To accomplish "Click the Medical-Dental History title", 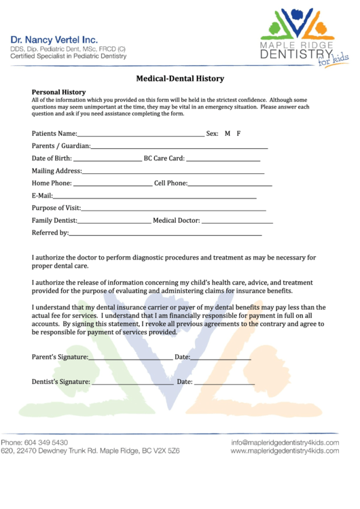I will [x=180, y=79].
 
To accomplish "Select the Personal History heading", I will [x=58, y=92].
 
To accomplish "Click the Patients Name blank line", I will [x=141, y=135].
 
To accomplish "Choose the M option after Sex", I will [x=228, y=134].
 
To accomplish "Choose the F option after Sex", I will [x=239, y=134].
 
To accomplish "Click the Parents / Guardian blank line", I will [x=179, y=147].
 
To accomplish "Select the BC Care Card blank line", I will [x=223, y=159].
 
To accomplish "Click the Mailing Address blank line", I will [x=174, y=172].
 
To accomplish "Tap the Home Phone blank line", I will [x=112, y=184].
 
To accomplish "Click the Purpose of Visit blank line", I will [x=173, y=209].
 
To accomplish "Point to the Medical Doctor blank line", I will [x=237, y=221].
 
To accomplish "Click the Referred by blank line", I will [x=165, y=234].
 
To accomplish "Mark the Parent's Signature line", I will [x=130, y=357].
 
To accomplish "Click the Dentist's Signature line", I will [x=132, y=383].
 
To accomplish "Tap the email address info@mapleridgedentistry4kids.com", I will [x=285, y=442].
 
